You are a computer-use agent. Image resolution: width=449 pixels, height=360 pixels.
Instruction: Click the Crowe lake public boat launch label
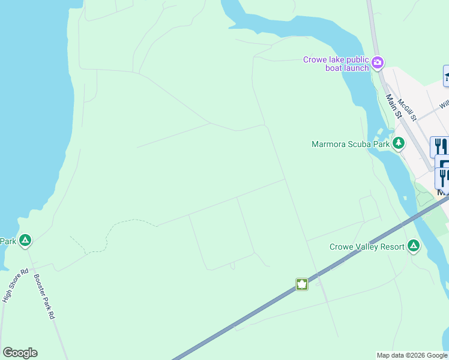click(336, 64)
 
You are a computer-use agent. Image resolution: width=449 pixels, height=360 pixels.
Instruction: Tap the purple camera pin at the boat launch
click(378, 62)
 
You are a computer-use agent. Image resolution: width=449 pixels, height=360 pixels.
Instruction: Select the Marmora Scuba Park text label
click(351, 144)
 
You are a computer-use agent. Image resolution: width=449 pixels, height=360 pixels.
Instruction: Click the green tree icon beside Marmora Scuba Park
click(398, 143)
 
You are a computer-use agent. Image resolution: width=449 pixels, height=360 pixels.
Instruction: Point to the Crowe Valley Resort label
click(366, 247)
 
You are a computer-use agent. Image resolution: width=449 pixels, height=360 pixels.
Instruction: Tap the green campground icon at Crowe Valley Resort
click(413, 246)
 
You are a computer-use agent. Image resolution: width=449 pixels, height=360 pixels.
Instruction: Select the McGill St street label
click(407, 110)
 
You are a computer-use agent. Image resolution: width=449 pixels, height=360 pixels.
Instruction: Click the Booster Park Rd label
click(44, 296)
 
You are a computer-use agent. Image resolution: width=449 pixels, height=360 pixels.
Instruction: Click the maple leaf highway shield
click(301, 284)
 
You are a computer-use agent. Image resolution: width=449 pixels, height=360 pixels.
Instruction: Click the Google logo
click(20, 353)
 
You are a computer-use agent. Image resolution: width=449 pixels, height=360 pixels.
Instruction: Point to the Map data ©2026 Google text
click(412, 355)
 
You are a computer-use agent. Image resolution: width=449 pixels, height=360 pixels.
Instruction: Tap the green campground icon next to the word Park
click(25, 241)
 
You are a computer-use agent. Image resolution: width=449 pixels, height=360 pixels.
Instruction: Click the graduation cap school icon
click(447, 76)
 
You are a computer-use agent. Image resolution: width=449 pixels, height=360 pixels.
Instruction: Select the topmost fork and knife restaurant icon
click(439, 146)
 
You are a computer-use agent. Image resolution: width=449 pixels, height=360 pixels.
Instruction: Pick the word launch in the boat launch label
click(356, 68)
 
